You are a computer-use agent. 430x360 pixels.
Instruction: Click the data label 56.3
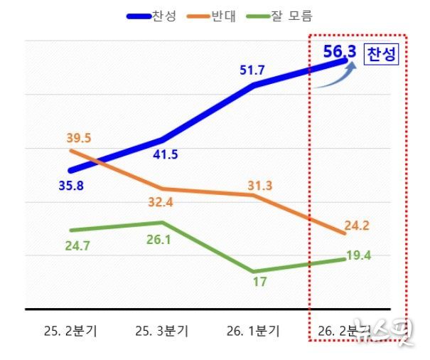pos(340,51)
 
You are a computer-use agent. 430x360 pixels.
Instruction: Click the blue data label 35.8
pos(72,187)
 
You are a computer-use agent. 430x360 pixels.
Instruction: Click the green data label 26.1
pos(164,240)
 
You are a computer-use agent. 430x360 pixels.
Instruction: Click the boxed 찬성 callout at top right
pos(381,55)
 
